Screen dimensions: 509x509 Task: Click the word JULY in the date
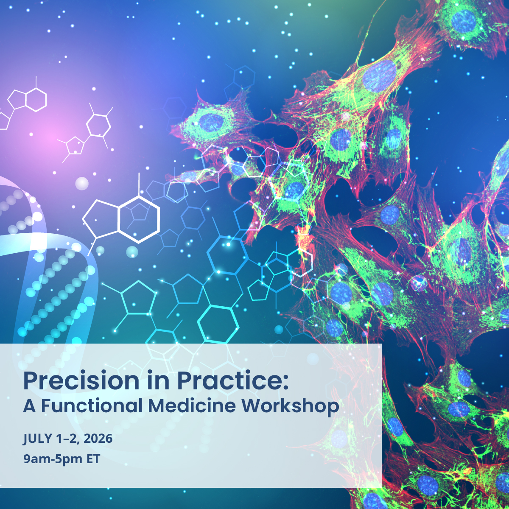click(x=37, y=439)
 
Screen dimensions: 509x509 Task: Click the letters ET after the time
click(x=93, y=459)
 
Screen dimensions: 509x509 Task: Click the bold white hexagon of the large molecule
click(x=139, y=219)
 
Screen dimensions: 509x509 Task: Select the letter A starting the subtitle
click(x=30, y=406)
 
